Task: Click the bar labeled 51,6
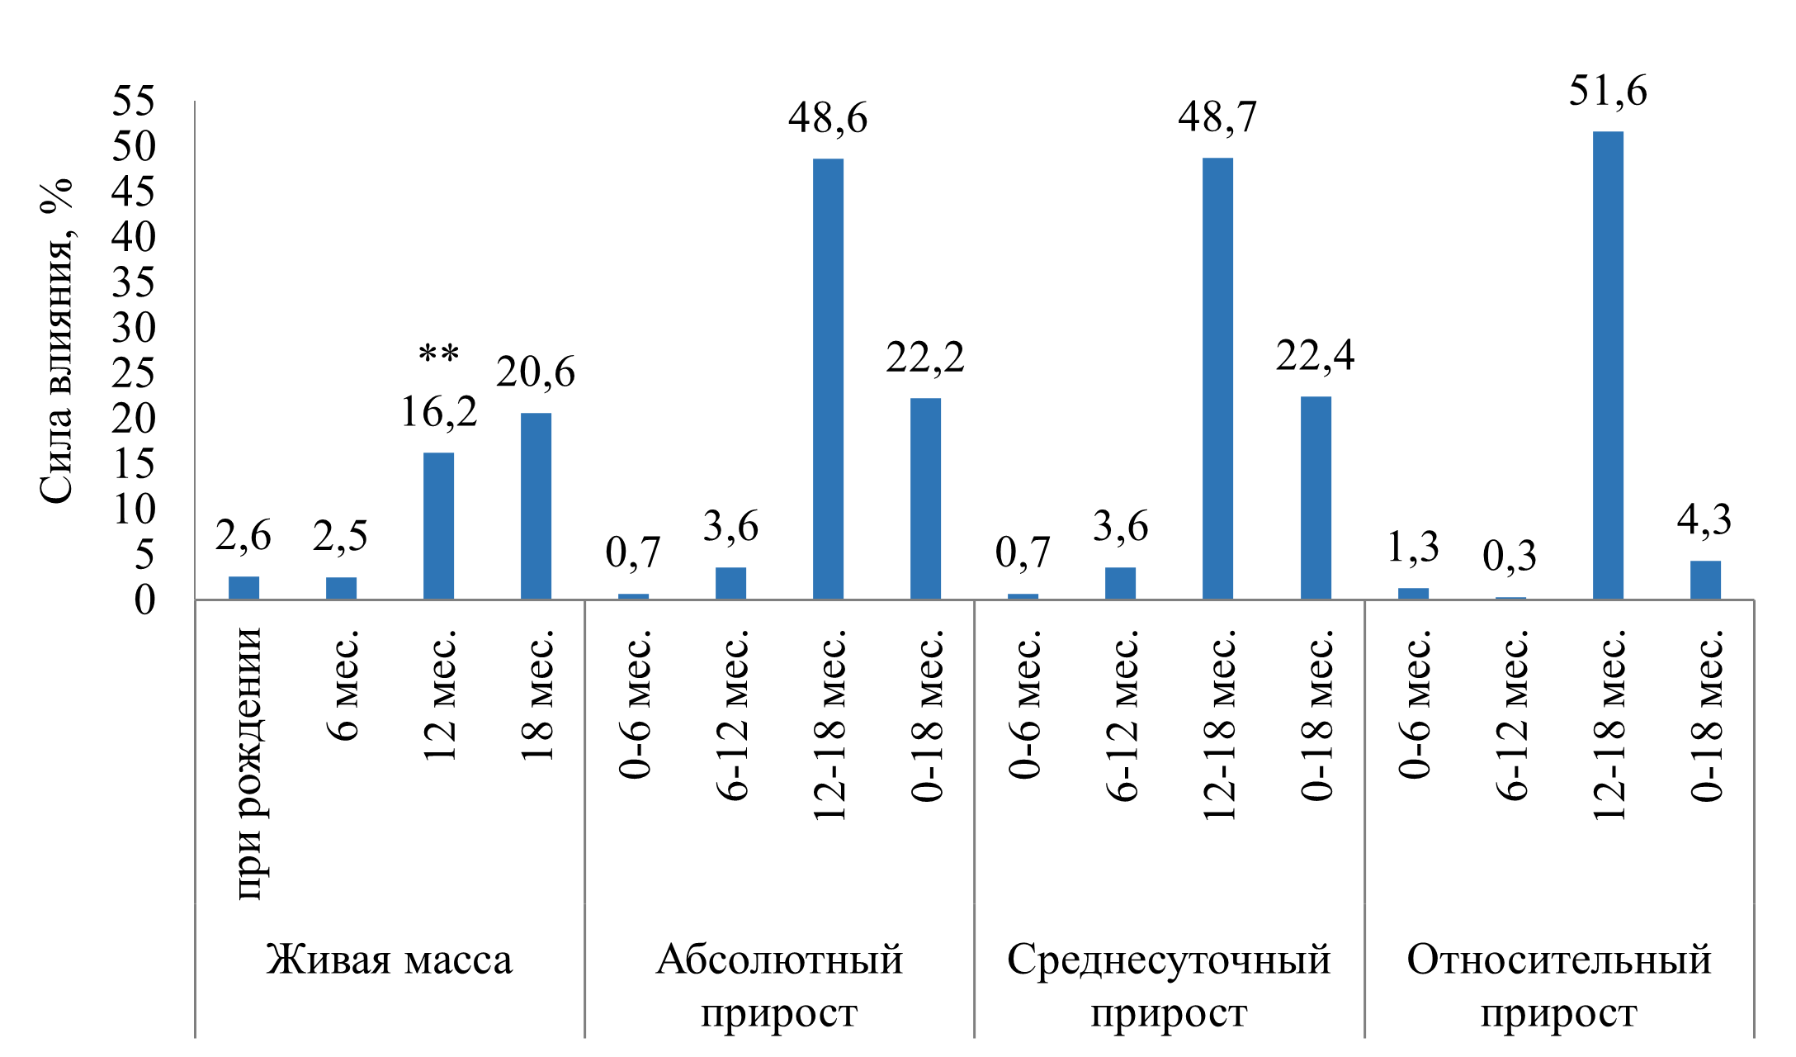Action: click(x=1607, y=365)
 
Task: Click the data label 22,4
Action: click(x=1315, y=355)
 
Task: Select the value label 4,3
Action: click(x=1704, y=520)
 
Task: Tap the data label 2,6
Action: click(x=243, y=536)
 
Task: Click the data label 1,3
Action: click(x=1412, y=547)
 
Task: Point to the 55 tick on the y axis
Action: click(x=134, y=102)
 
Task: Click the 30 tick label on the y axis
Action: click(x=134, y=329)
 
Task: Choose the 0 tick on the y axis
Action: click(x=145, y=600)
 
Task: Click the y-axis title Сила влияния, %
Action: click(x=57, y=340)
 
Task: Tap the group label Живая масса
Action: click(x=390, y=960)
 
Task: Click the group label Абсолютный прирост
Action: click(x=779, y=986)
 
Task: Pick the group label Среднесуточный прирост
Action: click(x=1169, y=986)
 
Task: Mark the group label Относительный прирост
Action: click(x=1558, y=986)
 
